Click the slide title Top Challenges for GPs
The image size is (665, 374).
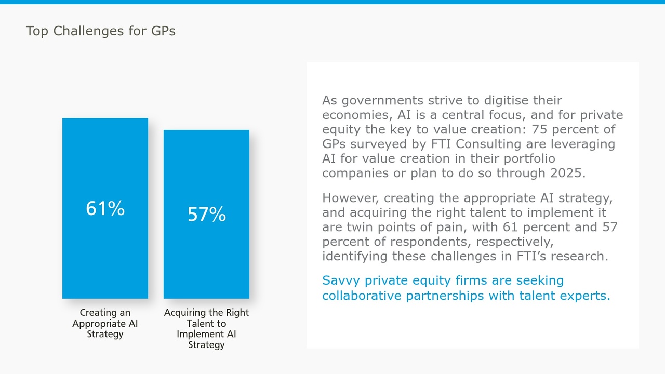click(x=100, y=31)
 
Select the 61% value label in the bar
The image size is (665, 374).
click(x=105, y=208)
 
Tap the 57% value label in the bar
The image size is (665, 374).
click(x=206, y=214)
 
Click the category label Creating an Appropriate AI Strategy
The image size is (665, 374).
click(x=105, y=323)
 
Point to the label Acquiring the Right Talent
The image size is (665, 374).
click(x=206, y=313)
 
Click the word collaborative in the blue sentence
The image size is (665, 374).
click(x=362, y=296)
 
